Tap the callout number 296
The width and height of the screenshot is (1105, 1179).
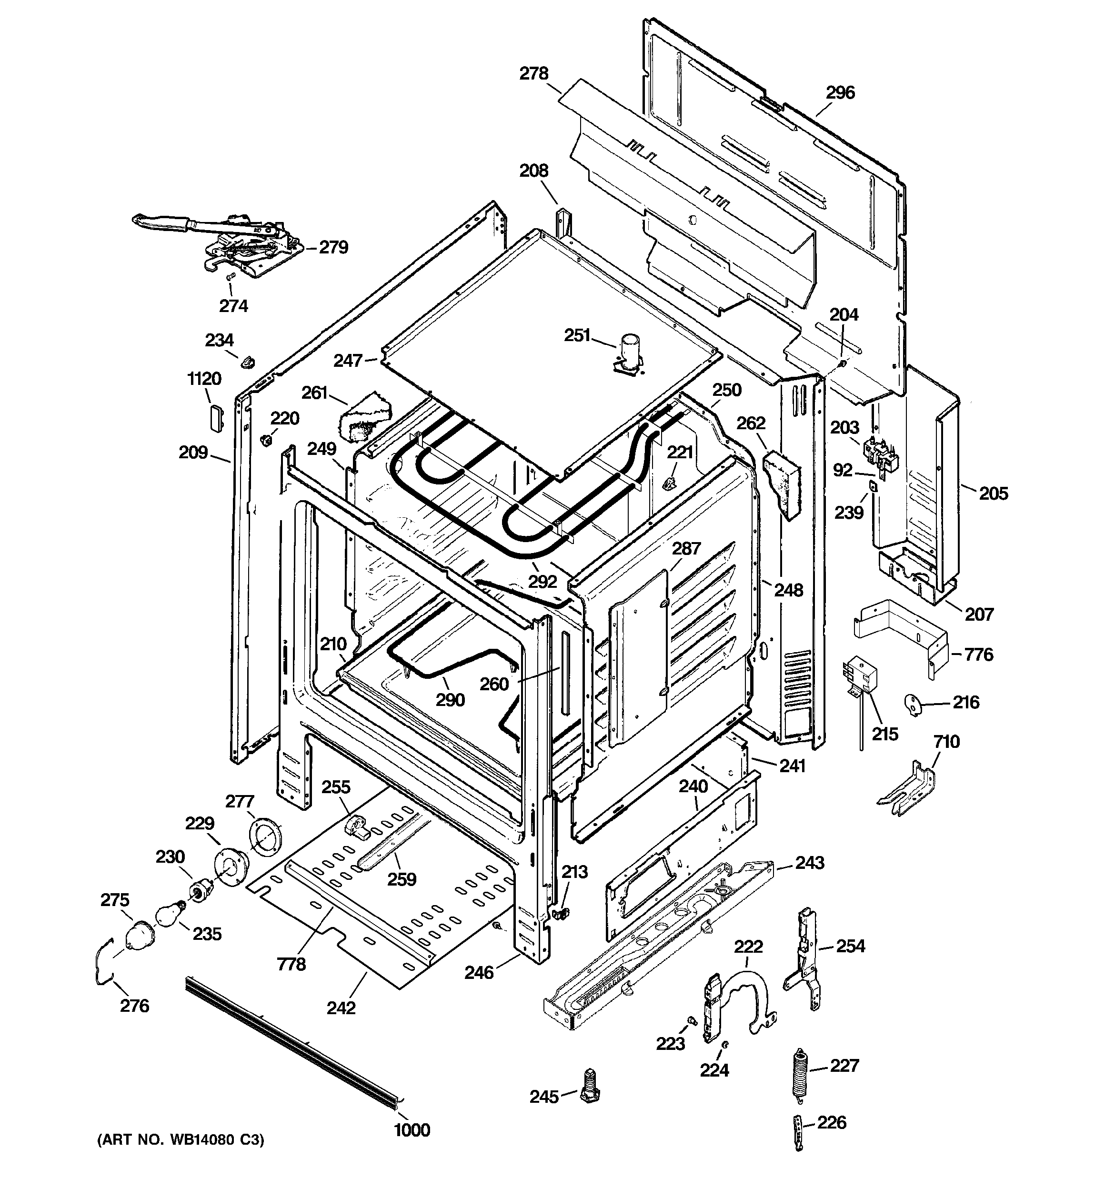tap(841, 92)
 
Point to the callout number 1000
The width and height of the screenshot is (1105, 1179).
tap(412, 1130)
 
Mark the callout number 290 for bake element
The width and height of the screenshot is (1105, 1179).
tap(450, 700)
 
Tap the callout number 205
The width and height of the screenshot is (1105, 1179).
tap(994, 493)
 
